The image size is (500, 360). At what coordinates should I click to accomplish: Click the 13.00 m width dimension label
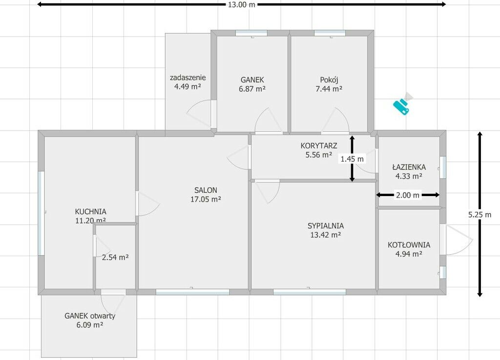(x=242, y=4)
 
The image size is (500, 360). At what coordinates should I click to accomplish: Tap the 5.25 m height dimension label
(x=479, y=215)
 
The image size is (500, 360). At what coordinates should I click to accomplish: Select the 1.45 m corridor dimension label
(x=352, y=159)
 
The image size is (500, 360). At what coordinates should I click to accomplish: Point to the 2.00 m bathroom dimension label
(x=408, y=195)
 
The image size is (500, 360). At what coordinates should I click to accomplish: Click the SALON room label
(x=206, y=190)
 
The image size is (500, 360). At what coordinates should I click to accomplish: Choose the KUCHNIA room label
(x=90, y=212)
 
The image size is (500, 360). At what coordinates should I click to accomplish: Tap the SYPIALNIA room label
(x=326, y=226)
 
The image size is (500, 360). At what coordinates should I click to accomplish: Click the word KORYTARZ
(x=318, y=146)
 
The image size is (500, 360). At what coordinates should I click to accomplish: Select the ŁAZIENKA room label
(x=409, y=167)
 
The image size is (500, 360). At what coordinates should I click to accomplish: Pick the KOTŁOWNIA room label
(x=409, y=245)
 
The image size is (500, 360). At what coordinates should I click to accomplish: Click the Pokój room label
(x=329, y=80)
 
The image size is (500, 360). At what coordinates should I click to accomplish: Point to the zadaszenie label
(x=187, y=78)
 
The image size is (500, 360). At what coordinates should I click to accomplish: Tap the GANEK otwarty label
(x=90, y=316)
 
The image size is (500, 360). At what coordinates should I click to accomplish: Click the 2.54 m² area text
(x=115, y=257)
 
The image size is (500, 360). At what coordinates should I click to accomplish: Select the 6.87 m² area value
(x=252, y=89)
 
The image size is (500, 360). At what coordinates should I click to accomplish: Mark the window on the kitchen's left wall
(x=41, y=213)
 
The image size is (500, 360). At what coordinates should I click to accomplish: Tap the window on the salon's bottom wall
(x=192, y=292)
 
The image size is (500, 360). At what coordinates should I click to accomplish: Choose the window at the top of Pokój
(x=330, y=33)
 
